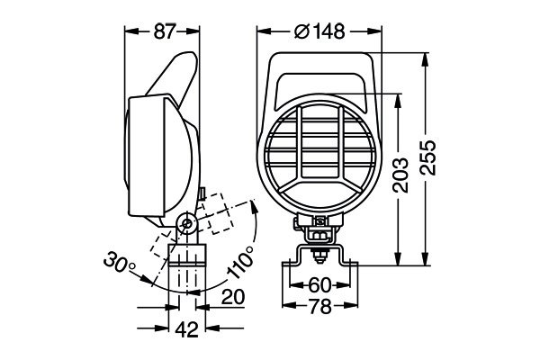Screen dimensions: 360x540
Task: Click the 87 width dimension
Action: [x=162, y=31]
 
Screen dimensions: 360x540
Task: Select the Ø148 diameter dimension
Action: [x=320, y=32]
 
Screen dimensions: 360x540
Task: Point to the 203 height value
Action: [x=402, y=176]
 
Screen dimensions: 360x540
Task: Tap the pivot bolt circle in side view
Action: [x=186, y=222]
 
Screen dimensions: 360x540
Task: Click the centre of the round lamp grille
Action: [x=321, y=154]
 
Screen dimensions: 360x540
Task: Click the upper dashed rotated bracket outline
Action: [x=216, y=212]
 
